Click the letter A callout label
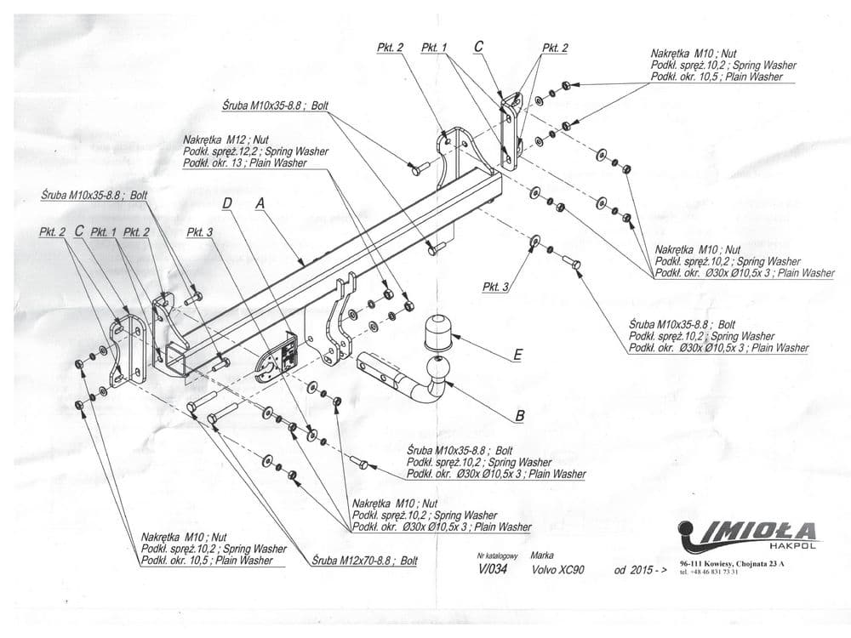(x=261, y=203)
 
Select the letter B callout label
(x=519, y=416)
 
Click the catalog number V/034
(x=491, y=570)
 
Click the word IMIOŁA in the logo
(x=760, y=532)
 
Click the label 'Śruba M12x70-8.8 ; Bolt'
(x=364, y=561)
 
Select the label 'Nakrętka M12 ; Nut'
(x=226, y=139)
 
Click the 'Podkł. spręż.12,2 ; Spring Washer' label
(x=255, y=151)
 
